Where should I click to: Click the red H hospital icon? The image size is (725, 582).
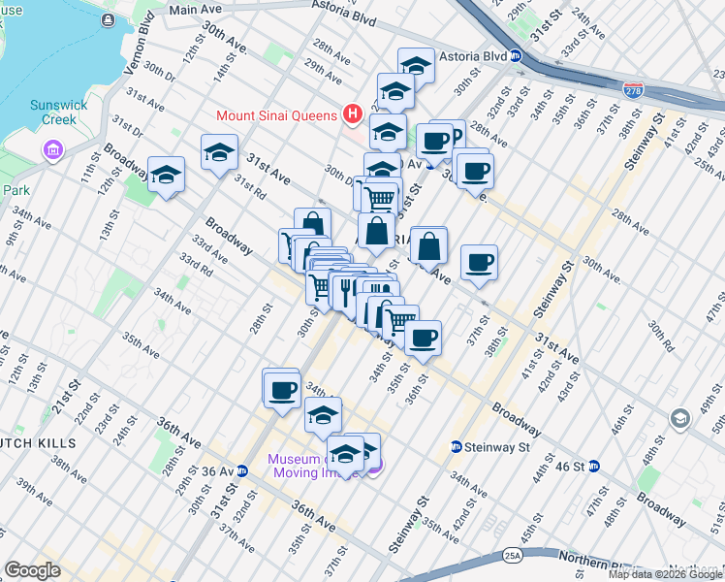[351, 114]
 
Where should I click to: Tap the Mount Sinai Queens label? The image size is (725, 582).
[275, 114]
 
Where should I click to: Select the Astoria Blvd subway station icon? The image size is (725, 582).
[517, 56]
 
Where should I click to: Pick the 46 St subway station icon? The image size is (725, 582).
[594, 466]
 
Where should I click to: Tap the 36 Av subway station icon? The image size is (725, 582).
[242, 471]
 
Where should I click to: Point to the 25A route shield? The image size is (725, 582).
[512, 557]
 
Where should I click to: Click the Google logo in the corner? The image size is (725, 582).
[32, 570]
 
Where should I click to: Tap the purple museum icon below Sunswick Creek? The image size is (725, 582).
[52, 149]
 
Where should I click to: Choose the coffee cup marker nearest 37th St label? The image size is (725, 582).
[479, 262]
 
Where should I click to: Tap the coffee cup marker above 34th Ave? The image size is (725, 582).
[282, 390]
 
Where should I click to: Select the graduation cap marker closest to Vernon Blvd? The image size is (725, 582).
[166, 176]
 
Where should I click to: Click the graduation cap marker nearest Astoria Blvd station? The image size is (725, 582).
[415, 66]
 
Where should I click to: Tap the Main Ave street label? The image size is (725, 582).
[196, 10]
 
